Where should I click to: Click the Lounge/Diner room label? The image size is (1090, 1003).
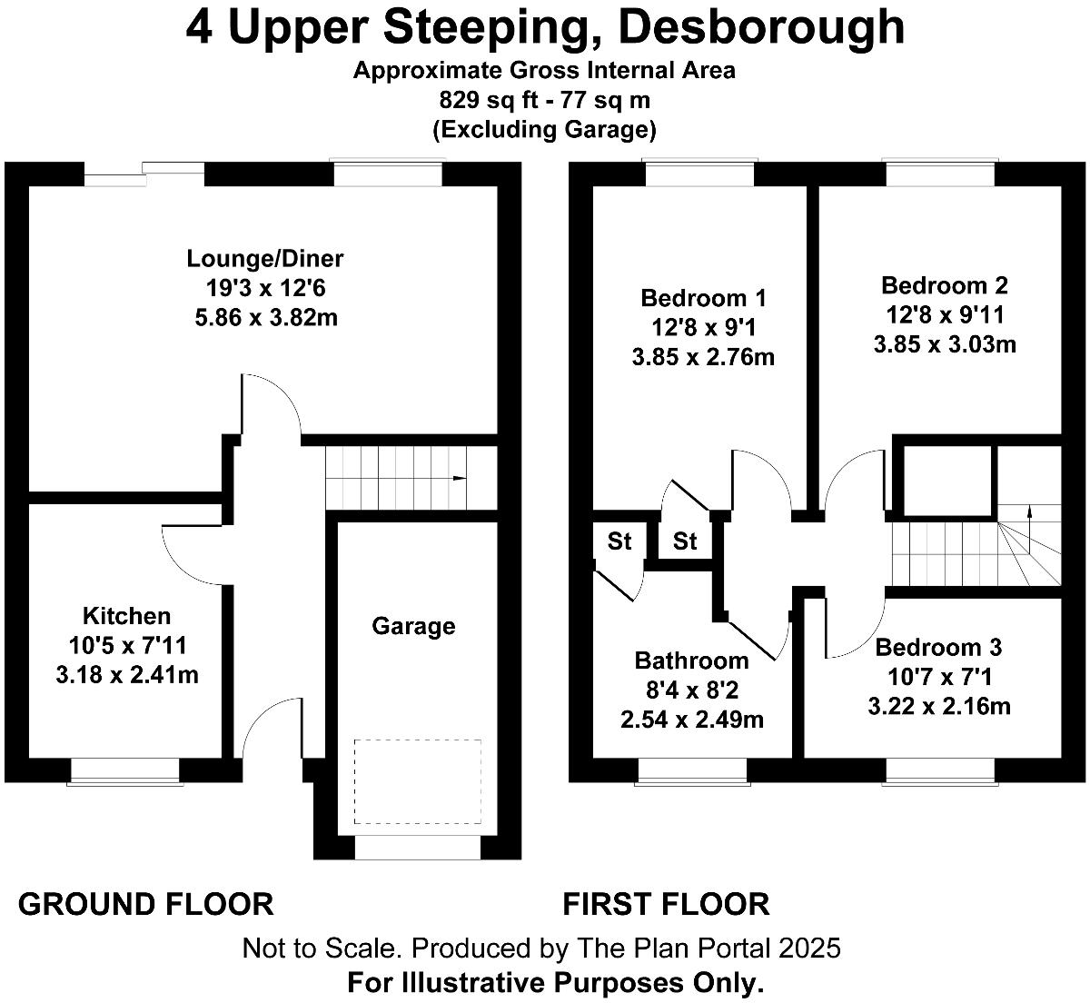(x=265, y=259)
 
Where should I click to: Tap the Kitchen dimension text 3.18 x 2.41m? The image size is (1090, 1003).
(x=127, y=675)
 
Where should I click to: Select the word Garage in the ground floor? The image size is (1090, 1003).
(x=413, y=626)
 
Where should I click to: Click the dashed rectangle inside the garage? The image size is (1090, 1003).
(x=418, y=780)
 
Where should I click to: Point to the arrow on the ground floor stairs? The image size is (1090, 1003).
(x=460, y=478)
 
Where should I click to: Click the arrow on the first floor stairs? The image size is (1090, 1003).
(x=1029, y=511)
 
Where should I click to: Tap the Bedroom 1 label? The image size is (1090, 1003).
(x=703, y=298)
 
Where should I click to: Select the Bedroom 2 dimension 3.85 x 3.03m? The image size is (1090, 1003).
(x=945, y=344)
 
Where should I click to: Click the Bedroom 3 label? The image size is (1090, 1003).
(x=938, y=648)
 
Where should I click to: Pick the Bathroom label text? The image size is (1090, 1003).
(x=691, y=660)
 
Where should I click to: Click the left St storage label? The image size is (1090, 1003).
(x=619, y=542)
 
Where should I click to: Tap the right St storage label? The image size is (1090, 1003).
(x=685, y=542)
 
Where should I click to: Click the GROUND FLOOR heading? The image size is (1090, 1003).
(x=145, y=904)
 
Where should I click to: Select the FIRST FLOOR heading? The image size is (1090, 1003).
(x=666, y=904)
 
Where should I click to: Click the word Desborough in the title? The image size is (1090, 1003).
(x=764, y=27)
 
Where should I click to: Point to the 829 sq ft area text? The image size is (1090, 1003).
(x=490, y=100)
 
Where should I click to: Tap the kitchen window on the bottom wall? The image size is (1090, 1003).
(x=125, y=771)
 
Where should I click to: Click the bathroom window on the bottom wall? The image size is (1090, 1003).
(x=692, y=771)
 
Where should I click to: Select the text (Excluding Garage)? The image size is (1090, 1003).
(x=544, y=130)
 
